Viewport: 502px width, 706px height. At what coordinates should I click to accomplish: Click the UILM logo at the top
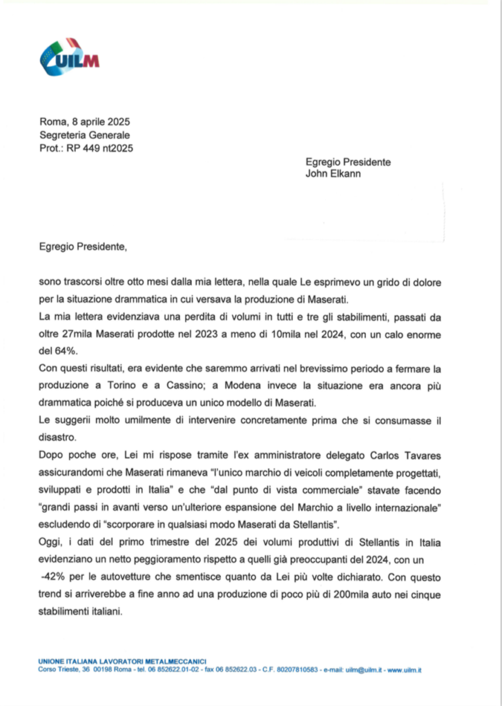[69, 57]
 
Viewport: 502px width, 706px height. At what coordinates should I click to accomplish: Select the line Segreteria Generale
[84, 135]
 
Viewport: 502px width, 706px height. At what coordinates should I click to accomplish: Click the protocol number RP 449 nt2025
[100, 148]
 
